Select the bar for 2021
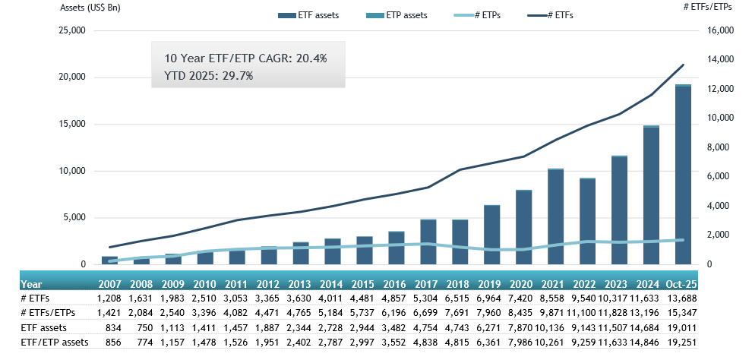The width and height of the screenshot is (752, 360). click(x=555, y=216)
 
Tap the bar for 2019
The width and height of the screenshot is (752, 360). click(x=491, y=235)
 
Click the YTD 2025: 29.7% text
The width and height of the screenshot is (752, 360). click(x=209, y=75)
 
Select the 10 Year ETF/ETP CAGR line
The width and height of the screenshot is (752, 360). click(x=245, y=58)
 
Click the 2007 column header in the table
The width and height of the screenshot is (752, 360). click(x=109, y=284)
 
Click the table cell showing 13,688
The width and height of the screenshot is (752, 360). click(x=683, y=298)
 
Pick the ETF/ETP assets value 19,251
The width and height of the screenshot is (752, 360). click(x=683, y=342)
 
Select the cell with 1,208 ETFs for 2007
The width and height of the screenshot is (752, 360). click(x=109, y=298)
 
